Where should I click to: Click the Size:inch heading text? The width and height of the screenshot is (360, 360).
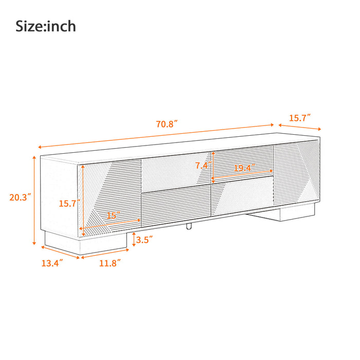click(x=46, y=26)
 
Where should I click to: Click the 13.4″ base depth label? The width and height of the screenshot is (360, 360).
click(x=52, y=263)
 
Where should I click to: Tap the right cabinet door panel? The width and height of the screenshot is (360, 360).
click(x=294, y=172)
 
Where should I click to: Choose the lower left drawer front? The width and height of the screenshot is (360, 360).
click(x=176, y=206)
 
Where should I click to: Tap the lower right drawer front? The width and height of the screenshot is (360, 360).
click(x=242, y=197)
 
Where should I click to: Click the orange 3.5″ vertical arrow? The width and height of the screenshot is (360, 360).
click(x=134, y=239)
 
